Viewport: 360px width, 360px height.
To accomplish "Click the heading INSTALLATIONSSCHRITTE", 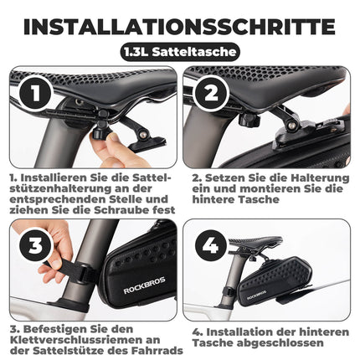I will coord(180,25).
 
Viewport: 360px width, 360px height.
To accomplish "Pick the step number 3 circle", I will coord(29,245).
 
